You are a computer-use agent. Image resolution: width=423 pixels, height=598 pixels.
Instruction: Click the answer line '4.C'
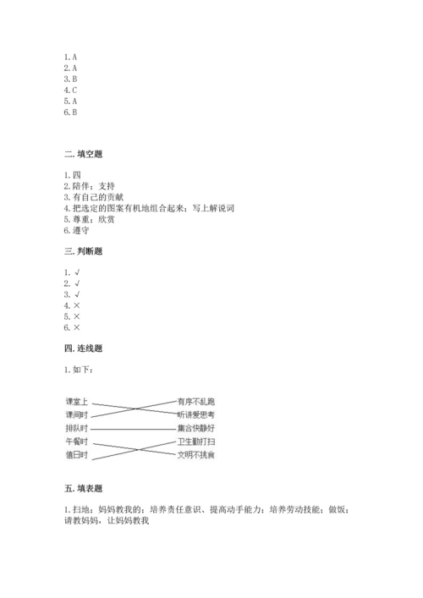(70, 89)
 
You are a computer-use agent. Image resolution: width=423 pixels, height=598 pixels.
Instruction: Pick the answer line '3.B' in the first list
(70, 78)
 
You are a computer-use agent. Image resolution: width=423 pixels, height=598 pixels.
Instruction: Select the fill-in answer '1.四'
(70, 175)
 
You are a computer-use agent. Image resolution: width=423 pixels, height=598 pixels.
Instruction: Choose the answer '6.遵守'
(75, 230)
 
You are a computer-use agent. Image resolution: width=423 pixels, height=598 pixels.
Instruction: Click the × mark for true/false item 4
(76, 305)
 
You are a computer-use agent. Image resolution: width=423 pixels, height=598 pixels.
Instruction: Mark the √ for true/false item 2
(76, 283)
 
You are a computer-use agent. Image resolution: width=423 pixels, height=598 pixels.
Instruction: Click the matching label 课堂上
(77, 401)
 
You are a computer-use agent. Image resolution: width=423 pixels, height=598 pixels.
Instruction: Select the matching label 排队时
(77, 429)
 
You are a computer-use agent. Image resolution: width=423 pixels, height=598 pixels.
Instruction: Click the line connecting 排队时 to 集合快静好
(131, 429)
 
